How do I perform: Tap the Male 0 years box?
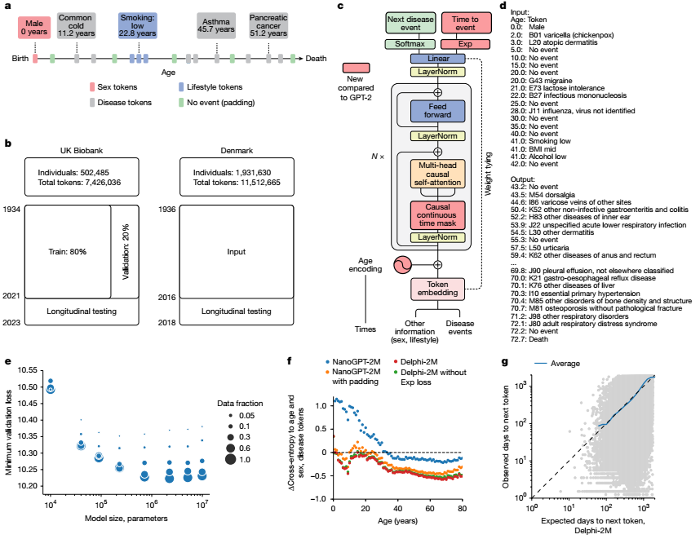[x=35, y=26]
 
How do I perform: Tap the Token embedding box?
[x=437, y=289]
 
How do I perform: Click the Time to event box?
[x=465, y=22]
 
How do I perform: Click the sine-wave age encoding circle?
[x=404, y=264]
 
